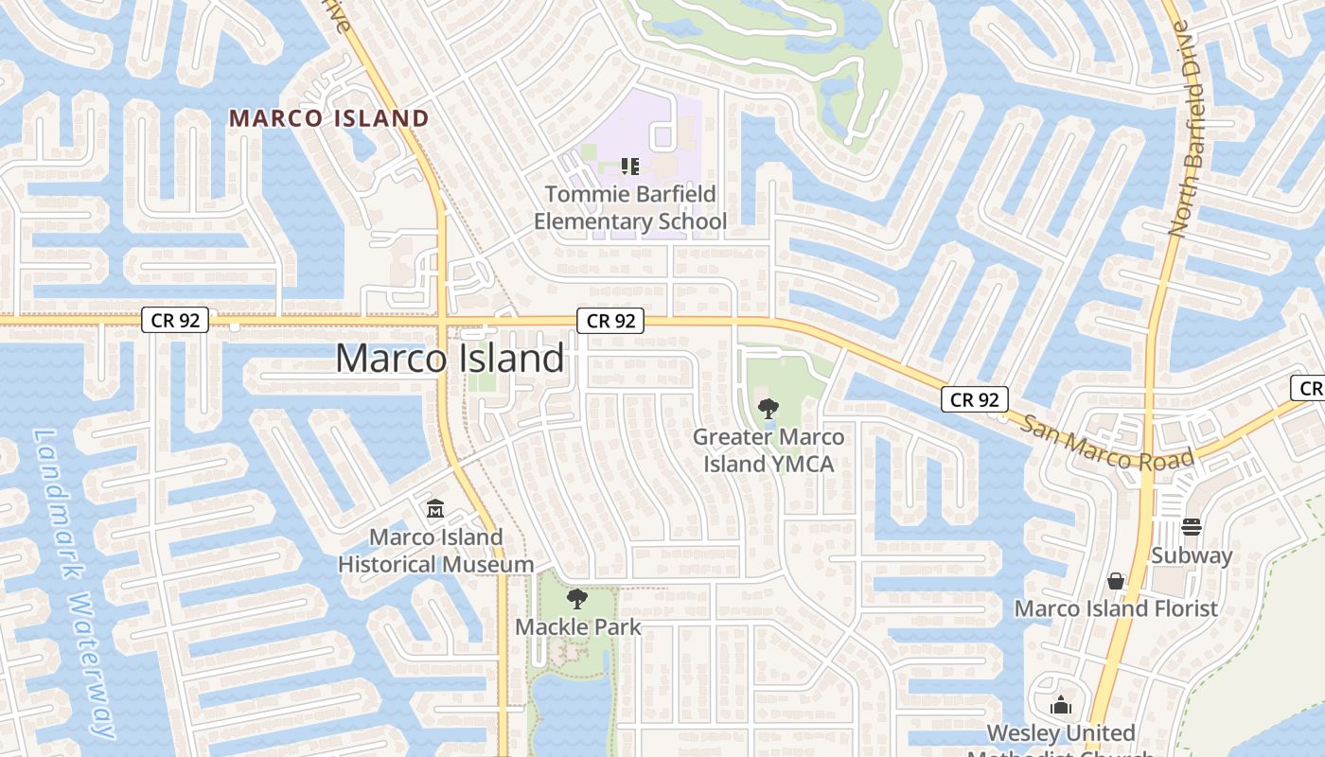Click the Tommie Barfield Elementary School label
tap(630, 208)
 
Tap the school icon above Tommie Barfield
tap(630, 167)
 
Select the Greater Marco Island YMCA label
tap(768, 450)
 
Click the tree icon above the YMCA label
tap(768, 409)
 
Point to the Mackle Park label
tap(578, 626)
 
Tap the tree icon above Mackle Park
tap(576, 599)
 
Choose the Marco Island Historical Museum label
tap(435, 551)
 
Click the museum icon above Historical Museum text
tap(435, 509)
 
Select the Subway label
tap(1192, 555)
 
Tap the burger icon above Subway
tap(1192, 527)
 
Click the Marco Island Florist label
tap(1116, 607)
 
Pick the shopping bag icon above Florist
tap(1116, 580)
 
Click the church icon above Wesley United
tap(1061, 705)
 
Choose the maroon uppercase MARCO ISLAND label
tap(329, 118)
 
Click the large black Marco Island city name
tap(450, 359)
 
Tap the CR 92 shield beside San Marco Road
tap(975, 399)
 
